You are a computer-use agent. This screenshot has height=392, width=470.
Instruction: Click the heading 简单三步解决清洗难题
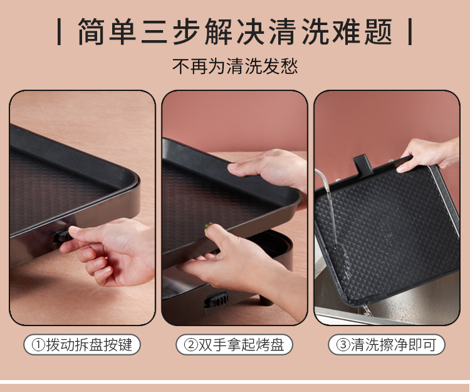click(235, 31)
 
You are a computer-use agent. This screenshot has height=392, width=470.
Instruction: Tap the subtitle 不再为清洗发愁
click(235, 66)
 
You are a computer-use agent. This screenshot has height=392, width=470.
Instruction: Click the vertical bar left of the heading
click(59, 31)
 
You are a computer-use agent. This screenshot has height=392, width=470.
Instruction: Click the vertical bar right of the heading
click(410, 31)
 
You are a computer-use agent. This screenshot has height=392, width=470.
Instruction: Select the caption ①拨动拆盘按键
click(82, 344)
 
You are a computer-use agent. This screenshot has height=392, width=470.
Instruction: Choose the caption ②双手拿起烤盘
click(234, 344)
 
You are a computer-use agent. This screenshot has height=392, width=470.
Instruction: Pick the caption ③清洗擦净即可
click(387, 344)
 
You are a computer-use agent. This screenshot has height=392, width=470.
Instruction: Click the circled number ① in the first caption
click(38, 345)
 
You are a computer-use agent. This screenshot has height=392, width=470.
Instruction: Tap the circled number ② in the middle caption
click(191, 345)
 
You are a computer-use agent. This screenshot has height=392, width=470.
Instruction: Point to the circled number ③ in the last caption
click(343, 345)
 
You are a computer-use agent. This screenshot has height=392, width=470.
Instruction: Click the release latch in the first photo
click(62, 236)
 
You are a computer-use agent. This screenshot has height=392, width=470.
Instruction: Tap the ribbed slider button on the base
click(216, 300)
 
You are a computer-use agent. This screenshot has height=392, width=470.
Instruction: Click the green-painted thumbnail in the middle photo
click(208, 226)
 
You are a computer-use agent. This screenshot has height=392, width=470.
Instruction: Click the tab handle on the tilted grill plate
click(363, 164)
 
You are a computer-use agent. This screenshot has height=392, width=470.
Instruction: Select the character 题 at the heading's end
click(379, 31)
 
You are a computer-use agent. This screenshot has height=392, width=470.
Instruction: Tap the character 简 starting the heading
click(91, 31)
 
